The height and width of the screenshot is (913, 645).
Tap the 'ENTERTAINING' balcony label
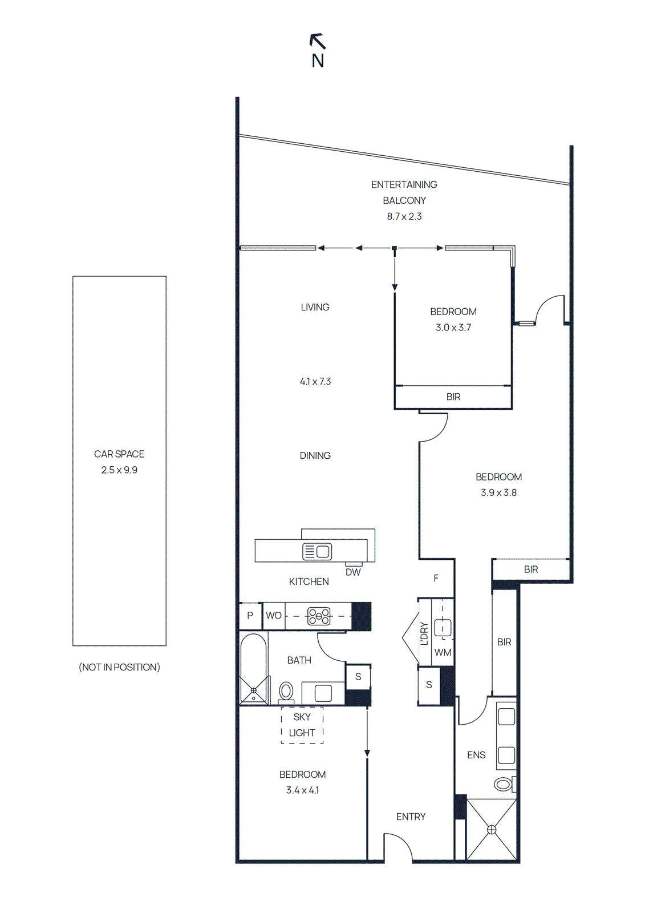(x=404, y=184)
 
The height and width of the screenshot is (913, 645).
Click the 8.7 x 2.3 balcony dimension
(x=404, y=216)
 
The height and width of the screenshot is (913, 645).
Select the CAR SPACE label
(x=119, y=454)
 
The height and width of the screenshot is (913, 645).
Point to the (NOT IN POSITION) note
(x=119, y=667)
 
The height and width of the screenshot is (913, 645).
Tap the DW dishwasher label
(x=353, y=572)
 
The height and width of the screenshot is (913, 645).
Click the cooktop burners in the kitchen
(x=319, y=616)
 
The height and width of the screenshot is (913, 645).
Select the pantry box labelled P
(x=250, y=616)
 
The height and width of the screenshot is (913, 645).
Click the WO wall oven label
(x=273, y=616)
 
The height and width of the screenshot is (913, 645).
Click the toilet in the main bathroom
(x=286, y=691)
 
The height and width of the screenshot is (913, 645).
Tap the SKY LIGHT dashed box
(x=302, y=725)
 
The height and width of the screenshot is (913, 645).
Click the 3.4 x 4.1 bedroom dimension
(x=302, y=790)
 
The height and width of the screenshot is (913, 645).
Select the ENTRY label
(x=411, y=817)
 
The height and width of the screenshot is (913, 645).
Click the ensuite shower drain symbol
(x=492, y=830)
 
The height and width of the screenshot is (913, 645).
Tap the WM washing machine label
(x=443, y=652)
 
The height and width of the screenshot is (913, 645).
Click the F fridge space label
(x=436, y=578)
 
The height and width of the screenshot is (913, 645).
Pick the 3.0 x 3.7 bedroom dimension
(x=453, y=328)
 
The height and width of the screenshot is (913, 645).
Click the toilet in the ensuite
(x=504, y=784)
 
